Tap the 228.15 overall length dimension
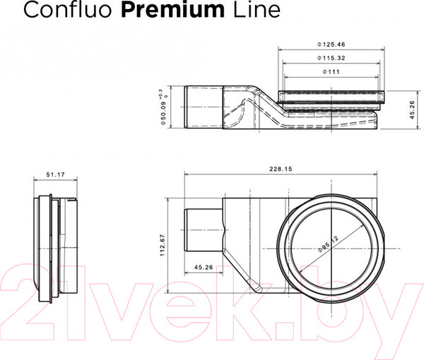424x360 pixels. click(x=281, y=169)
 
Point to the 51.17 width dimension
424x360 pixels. click(x=54, y=175)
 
